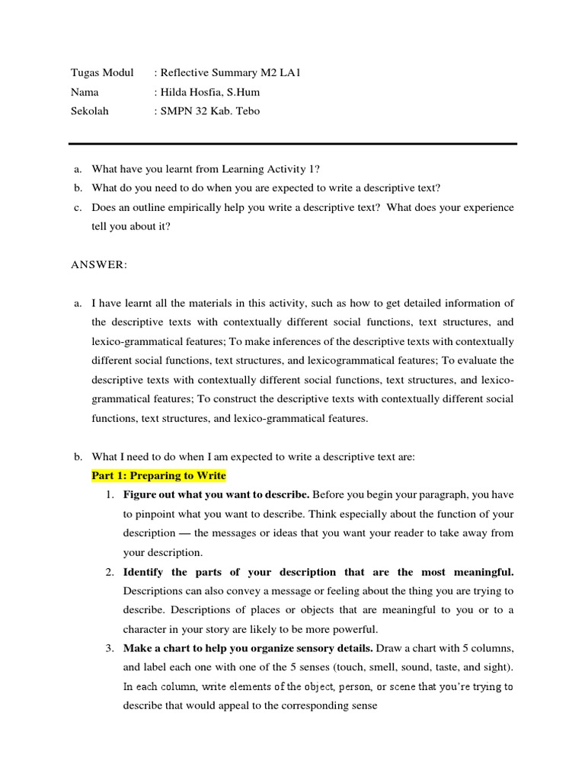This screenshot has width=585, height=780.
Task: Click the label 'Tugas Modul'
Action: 102,72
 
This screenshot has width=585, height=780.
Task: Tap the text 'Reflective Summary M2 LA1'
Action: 225,72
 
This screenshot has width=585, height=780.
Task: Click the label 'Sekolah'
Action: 90,110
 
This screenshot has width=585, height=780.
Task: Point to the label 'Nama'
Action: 85,91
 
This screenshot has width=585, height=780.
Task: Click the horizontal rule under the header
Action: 292,143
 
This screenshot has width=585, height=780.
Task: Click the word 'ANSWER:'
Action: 100,264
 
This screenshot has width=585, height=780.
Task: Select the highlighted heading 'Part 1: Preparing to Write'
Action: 158,475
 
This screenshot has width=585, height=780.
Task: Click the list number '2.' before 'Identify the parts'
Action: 110,571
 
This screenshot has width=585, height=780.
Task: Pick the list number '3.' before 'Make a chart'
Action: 110,648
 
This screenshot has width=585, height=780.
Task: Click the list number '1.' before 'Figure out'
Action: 110,494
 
